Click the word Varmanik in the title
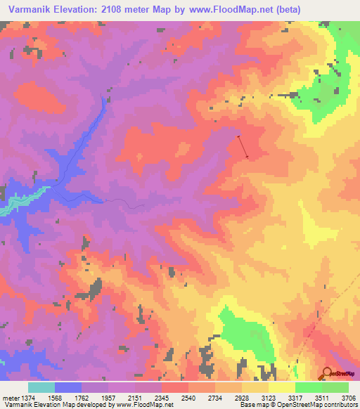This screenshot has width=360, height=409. click(27, 10)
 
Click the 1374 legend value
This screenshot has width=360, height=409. click(28, 398)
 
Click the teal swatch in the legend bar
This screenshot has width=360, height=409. click(41, 387)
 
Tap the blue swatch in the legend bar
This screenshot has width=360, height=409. click(68, 387)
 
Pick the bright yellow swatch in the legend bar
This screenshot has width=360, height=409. click(281, 387)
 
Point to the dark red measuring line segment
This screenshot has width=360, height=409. click(243, 146)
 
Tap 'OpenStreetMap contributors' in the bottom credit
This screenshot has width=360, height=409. click(324, 405)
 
